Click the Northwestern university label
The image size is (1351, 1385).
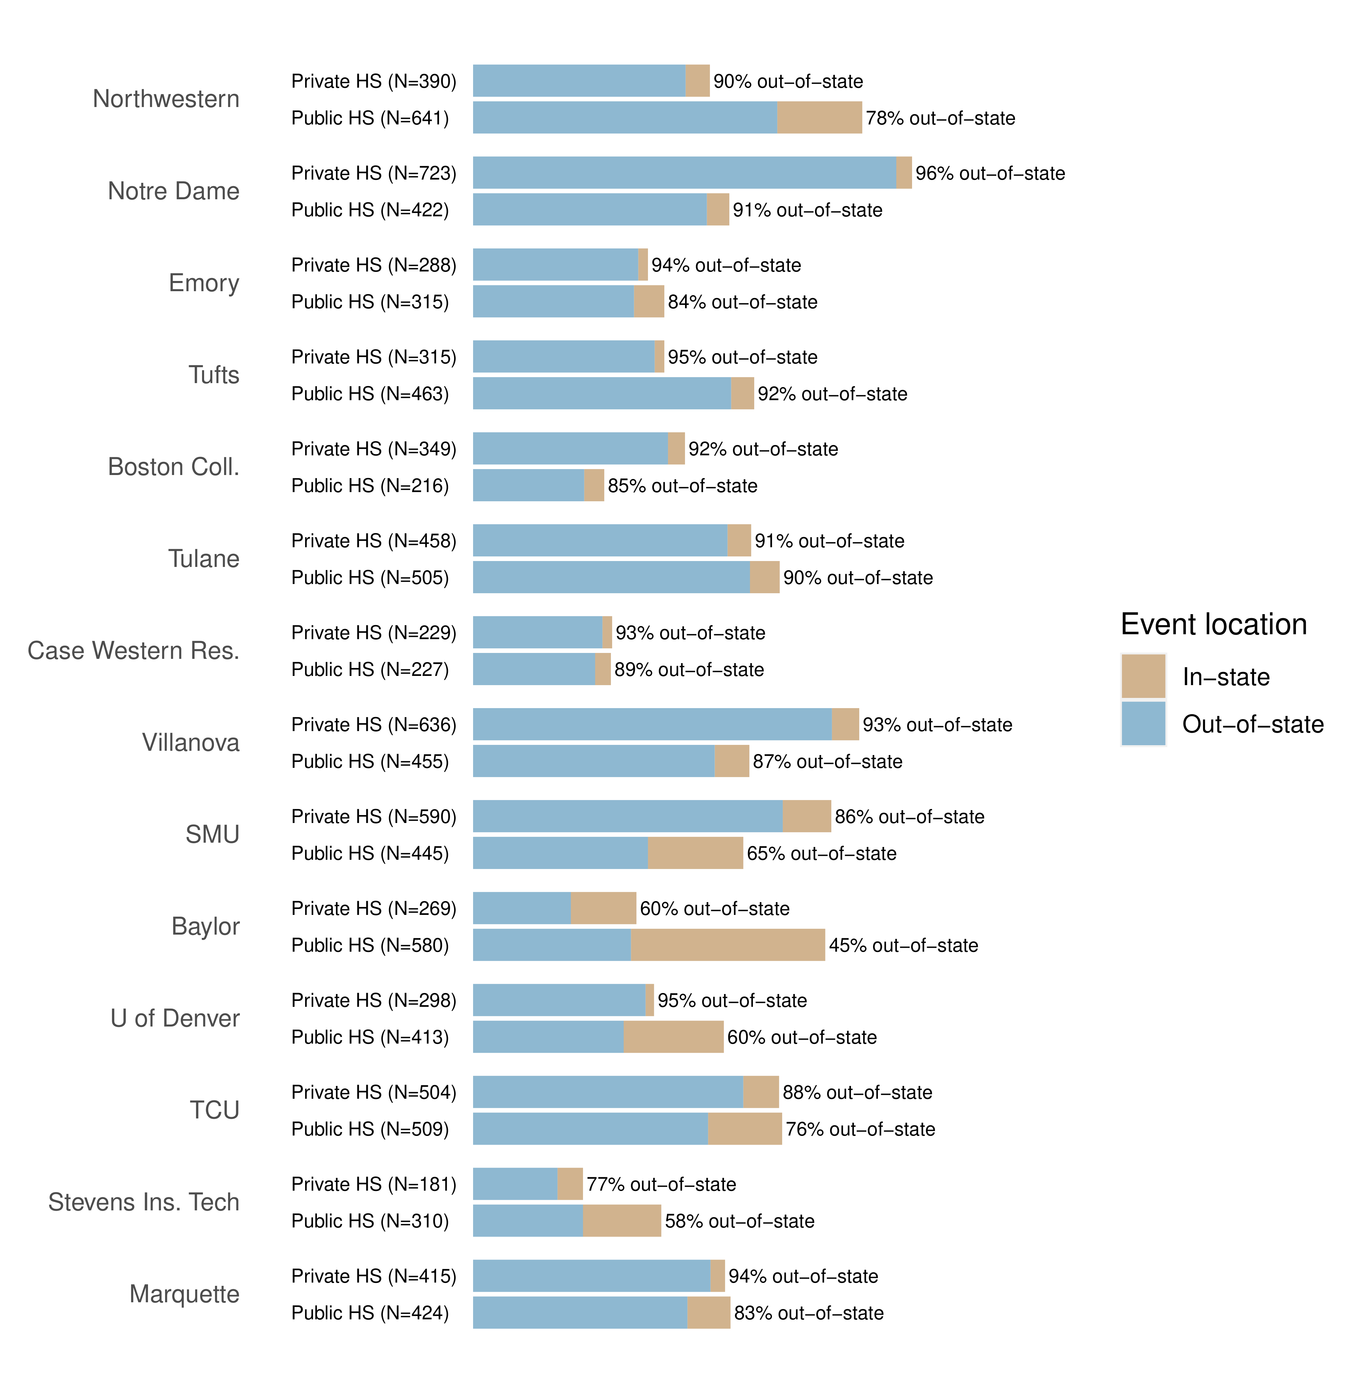coord(166,99)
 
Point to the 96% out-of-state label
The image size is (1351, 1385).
coord(990,173)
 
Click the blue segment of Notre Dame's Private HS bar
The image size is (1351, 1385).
coord(684,172)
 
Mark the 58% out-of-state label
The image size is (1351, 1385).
coord(739,1221)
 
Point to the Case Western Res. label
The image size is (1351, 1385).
coord(134,650)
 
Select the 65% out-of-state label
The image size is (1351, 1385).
coord(821,853)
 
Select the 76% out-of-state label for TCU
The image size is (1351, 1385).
coord(860,1129)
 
